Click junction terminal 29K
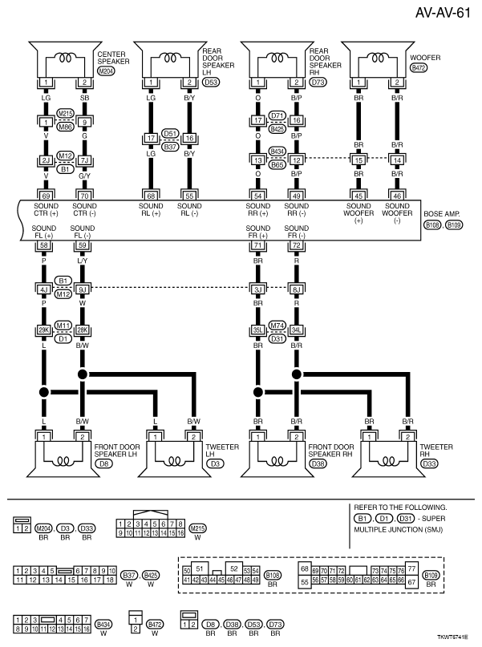click(x=46, y=329)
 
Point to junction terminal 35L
click(x=258, y=329)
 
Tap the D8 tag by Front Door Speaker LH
click(x=103, y=463)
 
